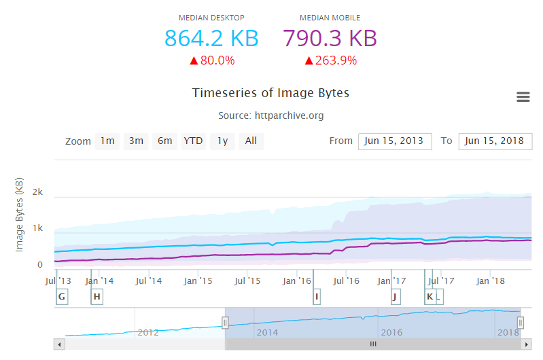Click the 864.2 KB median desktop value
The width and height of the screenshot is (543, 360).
click(211, 38)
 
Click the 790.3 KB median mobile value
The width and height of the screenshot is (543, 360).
click(330, 38)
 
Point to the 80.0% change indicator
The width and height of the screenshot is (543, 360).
click(211, 60)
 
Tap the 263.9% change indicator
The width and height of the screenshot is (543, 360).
click(330, 60)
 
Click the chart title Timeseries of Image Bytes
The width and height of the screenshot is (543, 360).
click(270, 92)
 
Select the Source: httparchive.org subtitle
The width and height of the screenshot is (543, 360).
click(270, 115)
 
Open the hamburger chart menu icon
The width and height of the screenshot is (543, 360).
click(523, 97)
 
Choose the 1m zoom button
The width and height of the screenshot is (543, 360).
click(107, 141)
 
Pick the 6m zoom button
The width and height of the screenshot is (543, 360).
click(164, 141)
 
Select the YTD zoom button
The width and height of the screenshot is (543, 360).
click(193, 141)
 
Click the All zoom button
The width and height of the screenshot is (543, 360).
click(251, 141)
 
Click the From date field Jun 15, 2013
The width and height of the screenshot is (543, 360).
click(395, 141)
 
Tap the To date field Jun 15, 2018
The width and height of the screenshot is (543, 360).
click(495, 141)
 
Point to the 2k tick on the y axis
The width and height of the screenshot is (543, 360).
click(38, 192)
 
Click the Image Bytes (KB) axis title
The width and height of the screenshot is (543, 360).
click(20, 215)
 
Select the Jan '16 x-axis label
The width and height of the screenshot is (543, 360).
click(298, 281)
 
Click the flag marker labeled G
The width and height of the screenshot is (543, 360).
click(62, 297)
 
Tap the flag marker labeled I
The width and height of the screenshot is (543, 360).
click(317, 297)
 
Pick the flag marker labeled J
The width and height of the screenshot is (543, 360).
click(395, 297)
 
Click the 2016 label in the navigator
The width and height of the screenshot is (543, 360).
click(391, 333)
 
